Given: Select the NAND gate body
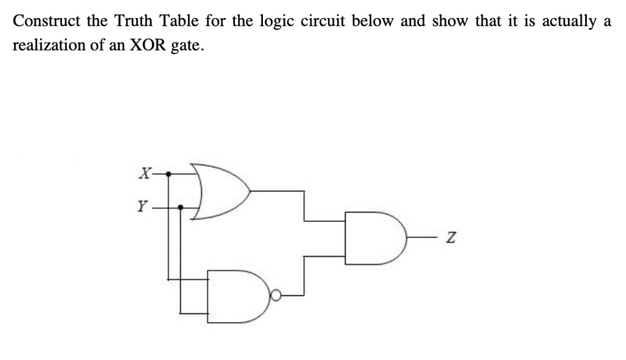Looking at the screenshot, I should point(235,296).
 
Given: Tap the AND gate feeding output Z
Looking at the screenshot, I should point(374,238).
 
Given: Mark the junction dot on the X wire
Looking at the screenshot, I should point(169,173).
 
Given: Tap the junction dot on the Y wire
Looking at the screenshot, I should point(181,206).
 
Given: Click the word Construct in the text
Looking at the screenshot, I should point(45,21).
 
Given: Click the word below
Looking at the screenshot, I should point(375,21).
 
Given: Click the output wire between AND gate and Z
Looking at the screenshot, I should point(421,238).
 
